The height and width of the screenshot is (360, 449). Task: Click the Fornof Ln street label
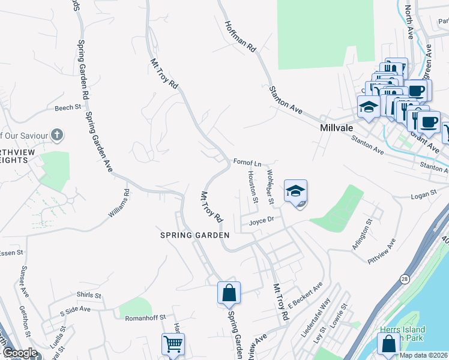tap(248, 163)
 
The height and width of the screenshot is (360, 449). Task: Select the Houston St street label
tap(252, 186)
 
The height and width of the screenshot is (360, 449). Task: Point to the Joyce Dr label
tap(262, 220)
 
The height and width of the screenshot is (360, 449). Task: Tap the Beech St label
tap(67, 108)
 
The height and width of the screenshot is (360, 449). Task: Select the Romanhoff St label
tap(145, 317)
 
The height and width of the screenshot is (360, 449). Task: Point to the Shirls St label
tap(87, 295)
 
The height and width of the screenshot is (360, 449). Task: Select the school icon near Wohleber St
tap(295, 191)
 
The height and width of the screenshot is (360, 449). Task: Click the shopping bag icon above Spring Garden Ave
tap(229, 293)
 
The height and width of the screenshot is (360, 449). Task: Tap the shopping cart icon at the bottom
tap(173, 344)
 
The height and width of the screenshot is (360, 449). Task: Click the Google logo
tap(20, 353)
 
